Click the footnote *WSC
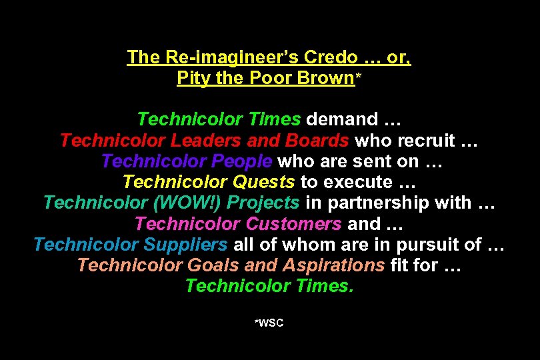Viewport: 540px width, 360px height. click(269, 323)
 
